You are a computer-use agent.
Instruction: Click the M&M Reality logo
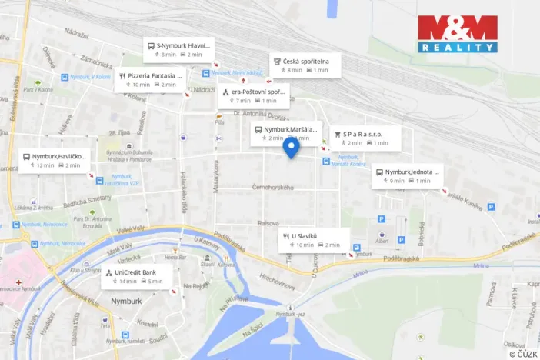[457, 34]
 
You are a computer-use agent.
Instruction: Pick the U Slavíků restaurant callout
[313, 239]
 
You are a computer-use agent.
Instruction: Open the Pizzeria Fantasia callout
[151, 80]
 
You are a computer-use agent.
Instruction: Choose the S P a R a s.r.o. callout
[365, 138]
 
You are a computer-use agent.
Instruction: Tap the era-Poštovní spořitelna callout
[253, 95]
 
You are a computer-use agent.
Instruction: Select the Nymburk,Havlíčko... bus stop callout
[53, 160]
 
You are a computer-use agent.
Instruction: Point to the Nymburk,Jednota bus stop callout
[406, 175]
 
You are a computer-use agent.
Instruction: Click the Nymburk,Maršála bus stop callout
[284, 134]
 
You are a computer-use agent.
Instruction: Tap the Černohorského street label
[273, 188]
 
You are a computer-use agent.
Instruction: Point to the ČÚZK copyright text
[523, 353]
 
